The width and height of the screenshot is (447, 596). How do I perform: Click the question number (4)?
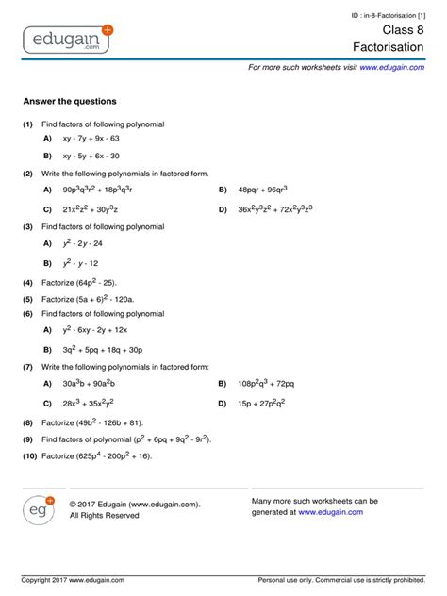(28, 282)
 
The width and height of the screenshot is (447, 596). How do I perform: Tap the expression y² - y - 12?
(81, 263)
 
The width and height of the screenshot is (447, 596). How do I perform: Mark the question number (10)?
(28, 455)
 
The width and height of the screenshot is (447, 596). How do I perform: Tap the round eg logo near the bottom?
(39, 509)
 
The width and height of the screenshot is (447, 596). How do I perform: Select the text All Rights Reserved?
(104, 516)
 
